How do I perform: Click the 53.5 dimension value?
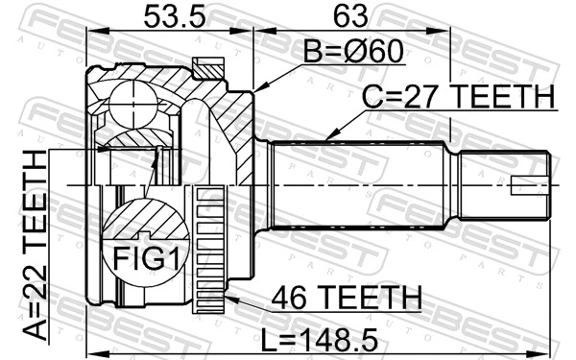click(163, 16)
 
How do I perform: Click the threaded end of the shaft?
click(504, 185)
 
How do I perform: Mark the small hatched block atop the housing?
click(205, 67)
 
